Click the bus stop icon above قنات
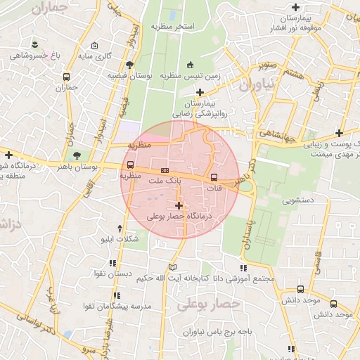click(x=214, y=177)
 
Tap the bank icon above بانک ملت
click(x=165, y=170)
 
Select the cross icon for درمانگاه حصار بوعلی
click(x=179, y=206)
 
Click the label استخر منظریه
click(x=172, y=26)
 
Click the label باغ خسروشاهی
click(x=27, y=54)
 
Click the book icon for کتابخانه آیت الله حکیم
click(x=173, y=267)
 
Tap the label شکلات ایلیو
click(x=120, y=239)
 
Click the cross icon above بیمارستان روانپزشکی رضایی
click(x=200, y=92)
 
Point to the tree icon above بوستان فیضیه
click(x=129, y=64)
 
